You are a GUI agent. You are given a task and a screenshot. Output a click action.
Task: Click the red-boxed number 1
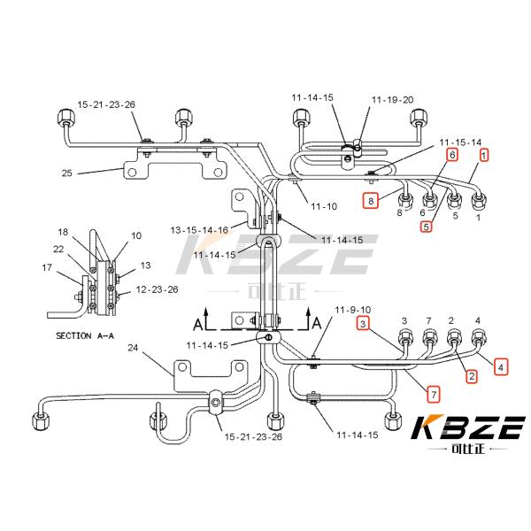tap(484, 155)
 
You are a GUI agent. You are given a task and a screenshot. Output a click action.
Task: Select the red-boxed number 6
tap(452, 155)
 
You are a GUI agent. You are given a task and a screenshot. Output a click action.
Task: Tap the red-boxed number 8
tap(373, 201)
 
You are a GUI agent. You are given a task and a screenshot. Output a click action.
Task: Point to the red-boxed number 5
tap(427, 226)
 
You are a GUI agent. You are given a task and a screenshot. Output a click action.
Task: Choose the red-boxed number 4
tap(501, 365)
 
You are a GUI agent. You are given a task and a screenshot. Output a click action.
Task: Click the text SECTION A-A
tap(89, 336)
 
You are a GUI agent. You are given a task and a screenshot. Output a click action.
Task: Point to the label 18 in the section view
tap(63, 232)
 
